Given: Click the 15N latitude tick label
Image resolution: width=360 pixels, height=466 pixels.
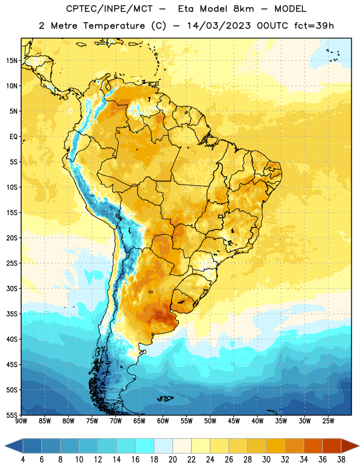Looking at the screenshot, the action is pos(12,61).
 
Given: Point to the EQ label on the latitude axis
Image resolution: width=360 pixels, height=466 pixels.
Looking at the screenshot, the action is pos(13,137).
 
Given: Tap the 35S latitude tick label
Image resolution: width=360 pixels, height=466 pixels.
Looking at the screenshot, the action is pos(12,314).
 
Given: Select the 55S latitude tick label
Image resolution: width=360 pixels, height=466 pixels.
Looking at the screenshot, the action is pos(12,415).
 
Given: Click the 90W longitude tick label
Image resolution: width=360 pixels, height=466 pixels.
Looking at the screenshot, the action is pos(21,421).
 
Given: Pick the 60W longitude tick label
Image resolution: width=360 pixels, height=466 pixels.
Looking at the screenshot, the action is pos(163,421).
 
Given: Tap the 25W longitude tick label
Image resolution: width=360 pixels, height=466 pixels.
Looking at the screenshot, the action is pos(328,421).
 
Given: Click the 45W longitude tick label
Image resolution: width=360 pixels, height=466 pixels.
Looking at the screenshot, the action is pos(234,421).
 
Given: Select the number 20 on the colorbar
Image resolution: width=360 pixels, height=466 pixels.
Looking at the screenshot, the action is pos(172,460).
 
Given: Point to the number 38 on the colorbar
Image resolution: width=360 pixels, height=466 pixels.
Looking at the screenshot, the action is pos(341,460).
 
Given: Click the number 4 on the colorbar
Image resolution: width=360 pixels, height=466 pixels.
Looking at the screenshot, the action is pos(23,460).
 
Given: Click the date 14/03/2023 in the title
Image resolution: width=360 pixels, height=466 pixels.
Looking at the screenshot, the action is pos(219,26).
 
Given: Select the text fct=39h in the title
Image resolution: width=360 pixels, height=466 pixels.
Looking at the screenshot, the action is pos(314,26).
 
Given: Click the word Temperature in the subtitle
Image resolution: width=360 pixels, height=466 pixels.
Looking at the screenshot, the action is pos(114,26).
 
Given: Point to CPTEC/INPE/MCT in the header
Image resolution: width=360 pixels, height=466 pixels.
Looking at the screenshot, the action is pos(110,9).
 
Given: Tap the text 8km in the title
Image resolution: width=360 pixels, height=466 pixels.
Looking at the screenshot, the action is pos(243,9).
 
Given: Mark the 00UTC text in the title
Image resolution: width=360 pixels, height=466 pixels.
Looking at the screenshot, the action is pos(273,26).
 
